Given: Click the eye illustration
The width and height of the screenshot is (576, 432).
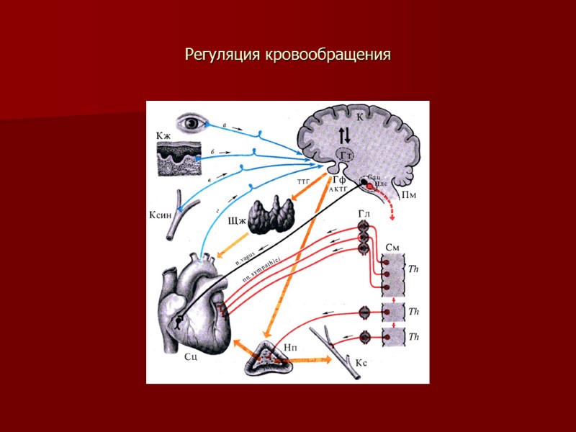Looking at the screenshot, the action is coord(192,122).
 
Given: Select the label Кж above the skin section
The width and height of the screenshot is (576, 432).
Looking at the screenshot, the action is coord(163,135).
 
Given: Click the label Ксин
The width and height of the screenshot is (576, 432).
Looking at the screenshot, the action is coord(161,215).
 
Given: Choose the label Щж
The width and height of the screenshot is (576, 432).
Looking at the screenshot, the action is coord(237,222).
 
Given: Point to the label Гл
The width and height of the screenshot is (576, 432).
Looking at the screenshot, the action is coord(364,214).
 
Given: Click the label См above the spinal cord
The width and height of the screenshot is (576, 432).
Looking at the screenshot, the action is coord(393,247).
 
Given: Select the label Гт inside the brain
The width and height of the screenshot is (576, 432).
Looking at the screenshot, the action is coord(346,155).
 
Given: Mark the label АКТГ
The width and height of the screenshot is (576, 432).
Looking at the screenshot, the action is coord(339,189).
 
